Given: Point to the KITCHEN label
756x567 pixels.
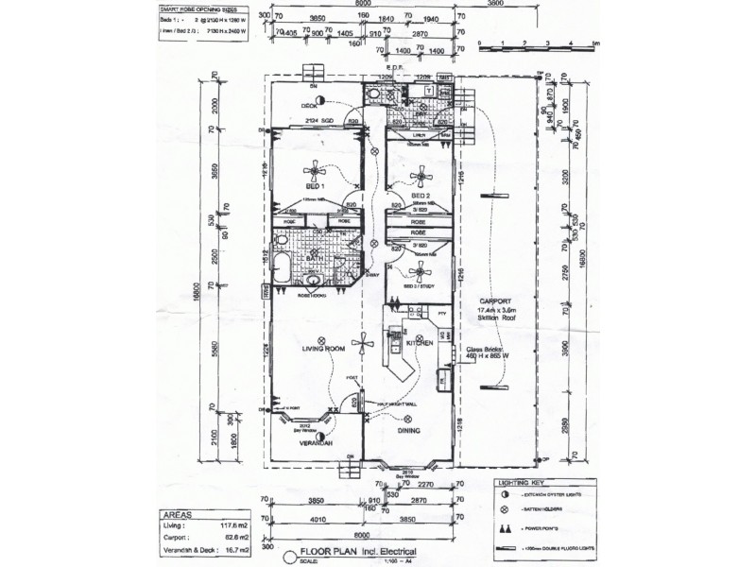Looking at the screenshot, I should [419, 343].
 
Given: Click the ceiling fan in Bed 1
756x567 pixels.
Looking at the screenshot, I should [313, 171].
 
